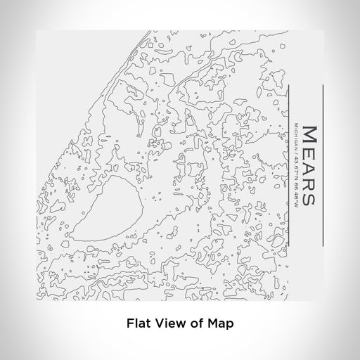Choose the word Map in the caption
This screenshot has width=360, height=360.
click(219, 324)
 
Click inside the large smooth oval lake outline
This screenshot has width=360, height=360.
click(109, 211)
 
